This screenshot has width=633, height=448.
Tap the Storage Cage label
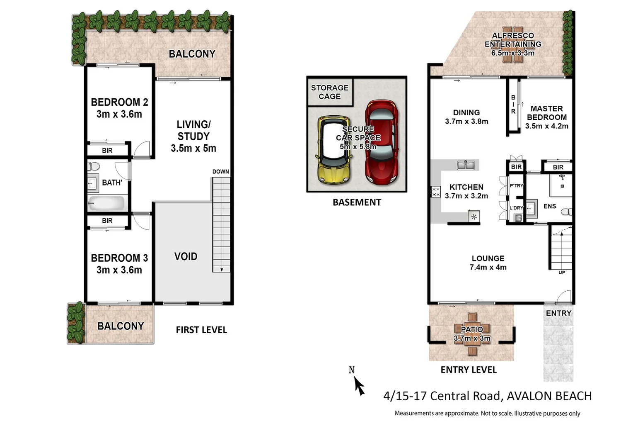pos(330,92)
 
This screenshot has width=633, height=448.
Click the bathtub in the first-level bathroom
pos(106,203)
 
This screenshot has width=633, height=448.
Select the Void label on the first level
pos(186,256)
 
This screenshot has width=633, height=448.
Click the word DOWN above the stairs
pos(220,172)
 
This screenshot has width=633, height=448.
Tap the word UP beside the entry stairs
pos(561,273)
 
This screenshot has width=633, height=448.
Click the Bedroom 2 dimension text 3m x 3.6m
pos(119,114)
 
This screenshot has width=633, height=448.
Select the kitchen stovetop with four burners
pos(435,192)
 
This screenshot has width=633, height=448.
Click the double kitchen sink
pos(466,165)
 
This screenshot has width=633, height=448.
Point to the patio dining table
pos(472,334)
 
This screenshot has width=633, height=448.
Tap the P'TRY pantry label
pos(516,186)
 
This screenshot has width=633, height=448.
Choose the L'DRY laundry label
pos(516,208)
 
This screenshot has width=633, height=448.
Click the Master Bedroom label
pos(547,113)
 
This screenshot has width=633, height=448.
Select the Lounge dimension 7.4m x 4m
pos(488,268)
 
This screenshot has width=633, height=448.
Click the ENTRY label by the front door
pos(558,313)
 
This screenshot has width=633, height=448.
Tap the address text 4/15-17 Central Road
pos(442,396)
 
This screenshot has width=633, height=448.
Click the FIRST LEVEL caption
pos(201,330)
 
